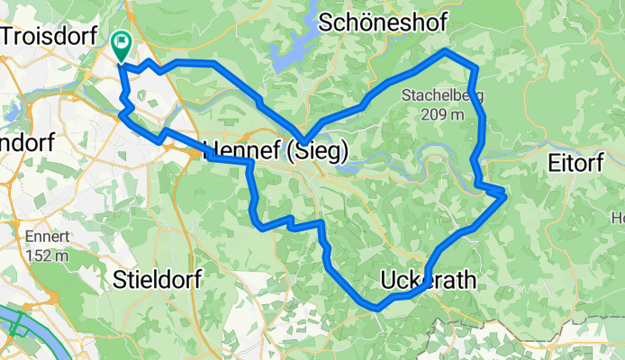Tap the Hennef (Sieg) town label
[x=277, y=150]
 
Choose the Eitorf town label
[x=580, y=164]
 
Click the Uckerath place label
[x=428, y=281]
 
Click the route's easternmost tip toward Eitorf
[x=505, y=193]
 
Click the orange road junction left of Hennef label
[x=196, y=154]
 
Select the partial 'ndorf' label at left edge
[x=27, y=142]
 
